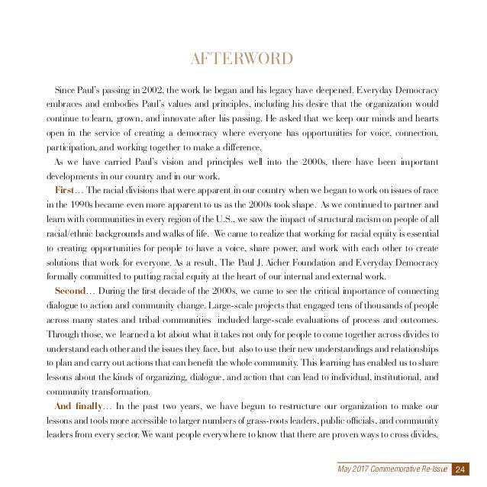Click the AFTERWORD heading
coord(243,60)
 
